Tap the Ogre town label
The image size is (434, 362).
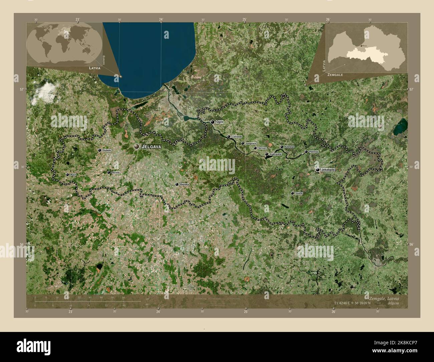[x=220, y=122]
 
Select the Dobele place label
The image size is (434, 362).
[x=107, y=150]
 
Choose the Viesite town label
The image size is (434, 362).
[x=299, y=193]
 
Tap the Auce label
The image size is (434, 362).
[x=73, y=175]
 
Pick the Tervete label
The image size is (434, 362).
[x=116, y=173]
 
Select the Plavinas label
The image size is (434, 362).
[x=314, y=152]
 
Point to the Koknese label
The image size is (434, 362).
[x=289, y=147]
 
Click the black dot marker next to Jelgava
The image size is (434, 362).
[x=137, y=146]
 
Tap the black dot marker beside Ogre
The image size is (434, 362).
[x=213, y=122]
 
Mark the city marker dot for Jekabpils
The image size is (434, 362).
[x=317, y=170]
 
